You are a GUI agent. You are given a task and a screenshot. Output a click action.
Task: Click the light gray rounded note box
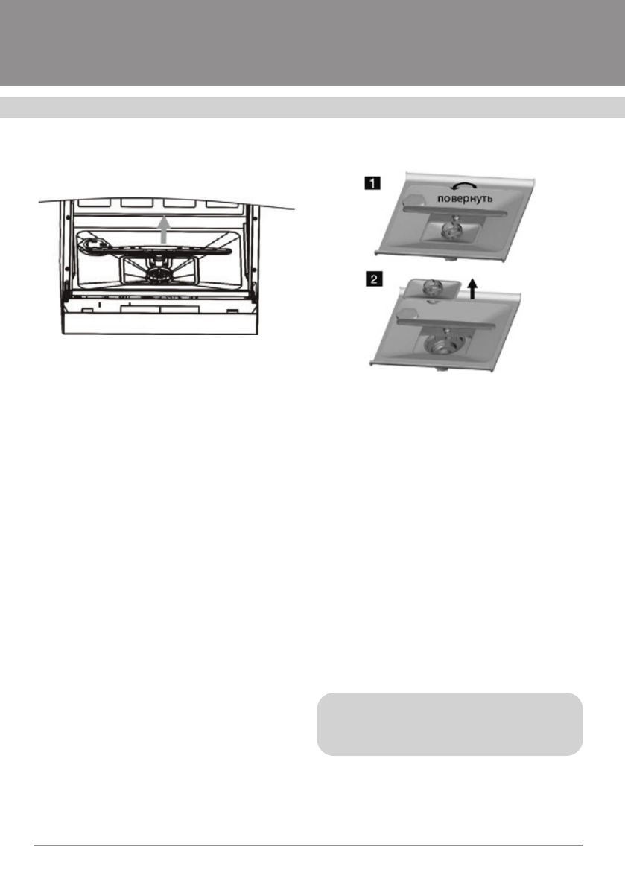click(x=448, y=724)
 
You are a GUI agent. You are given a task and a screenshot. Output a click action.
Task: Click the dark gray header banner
click(x=312, y=42)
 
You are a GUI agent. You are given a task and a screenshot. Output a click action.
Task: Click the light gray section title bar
click(x=312, y=107)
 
